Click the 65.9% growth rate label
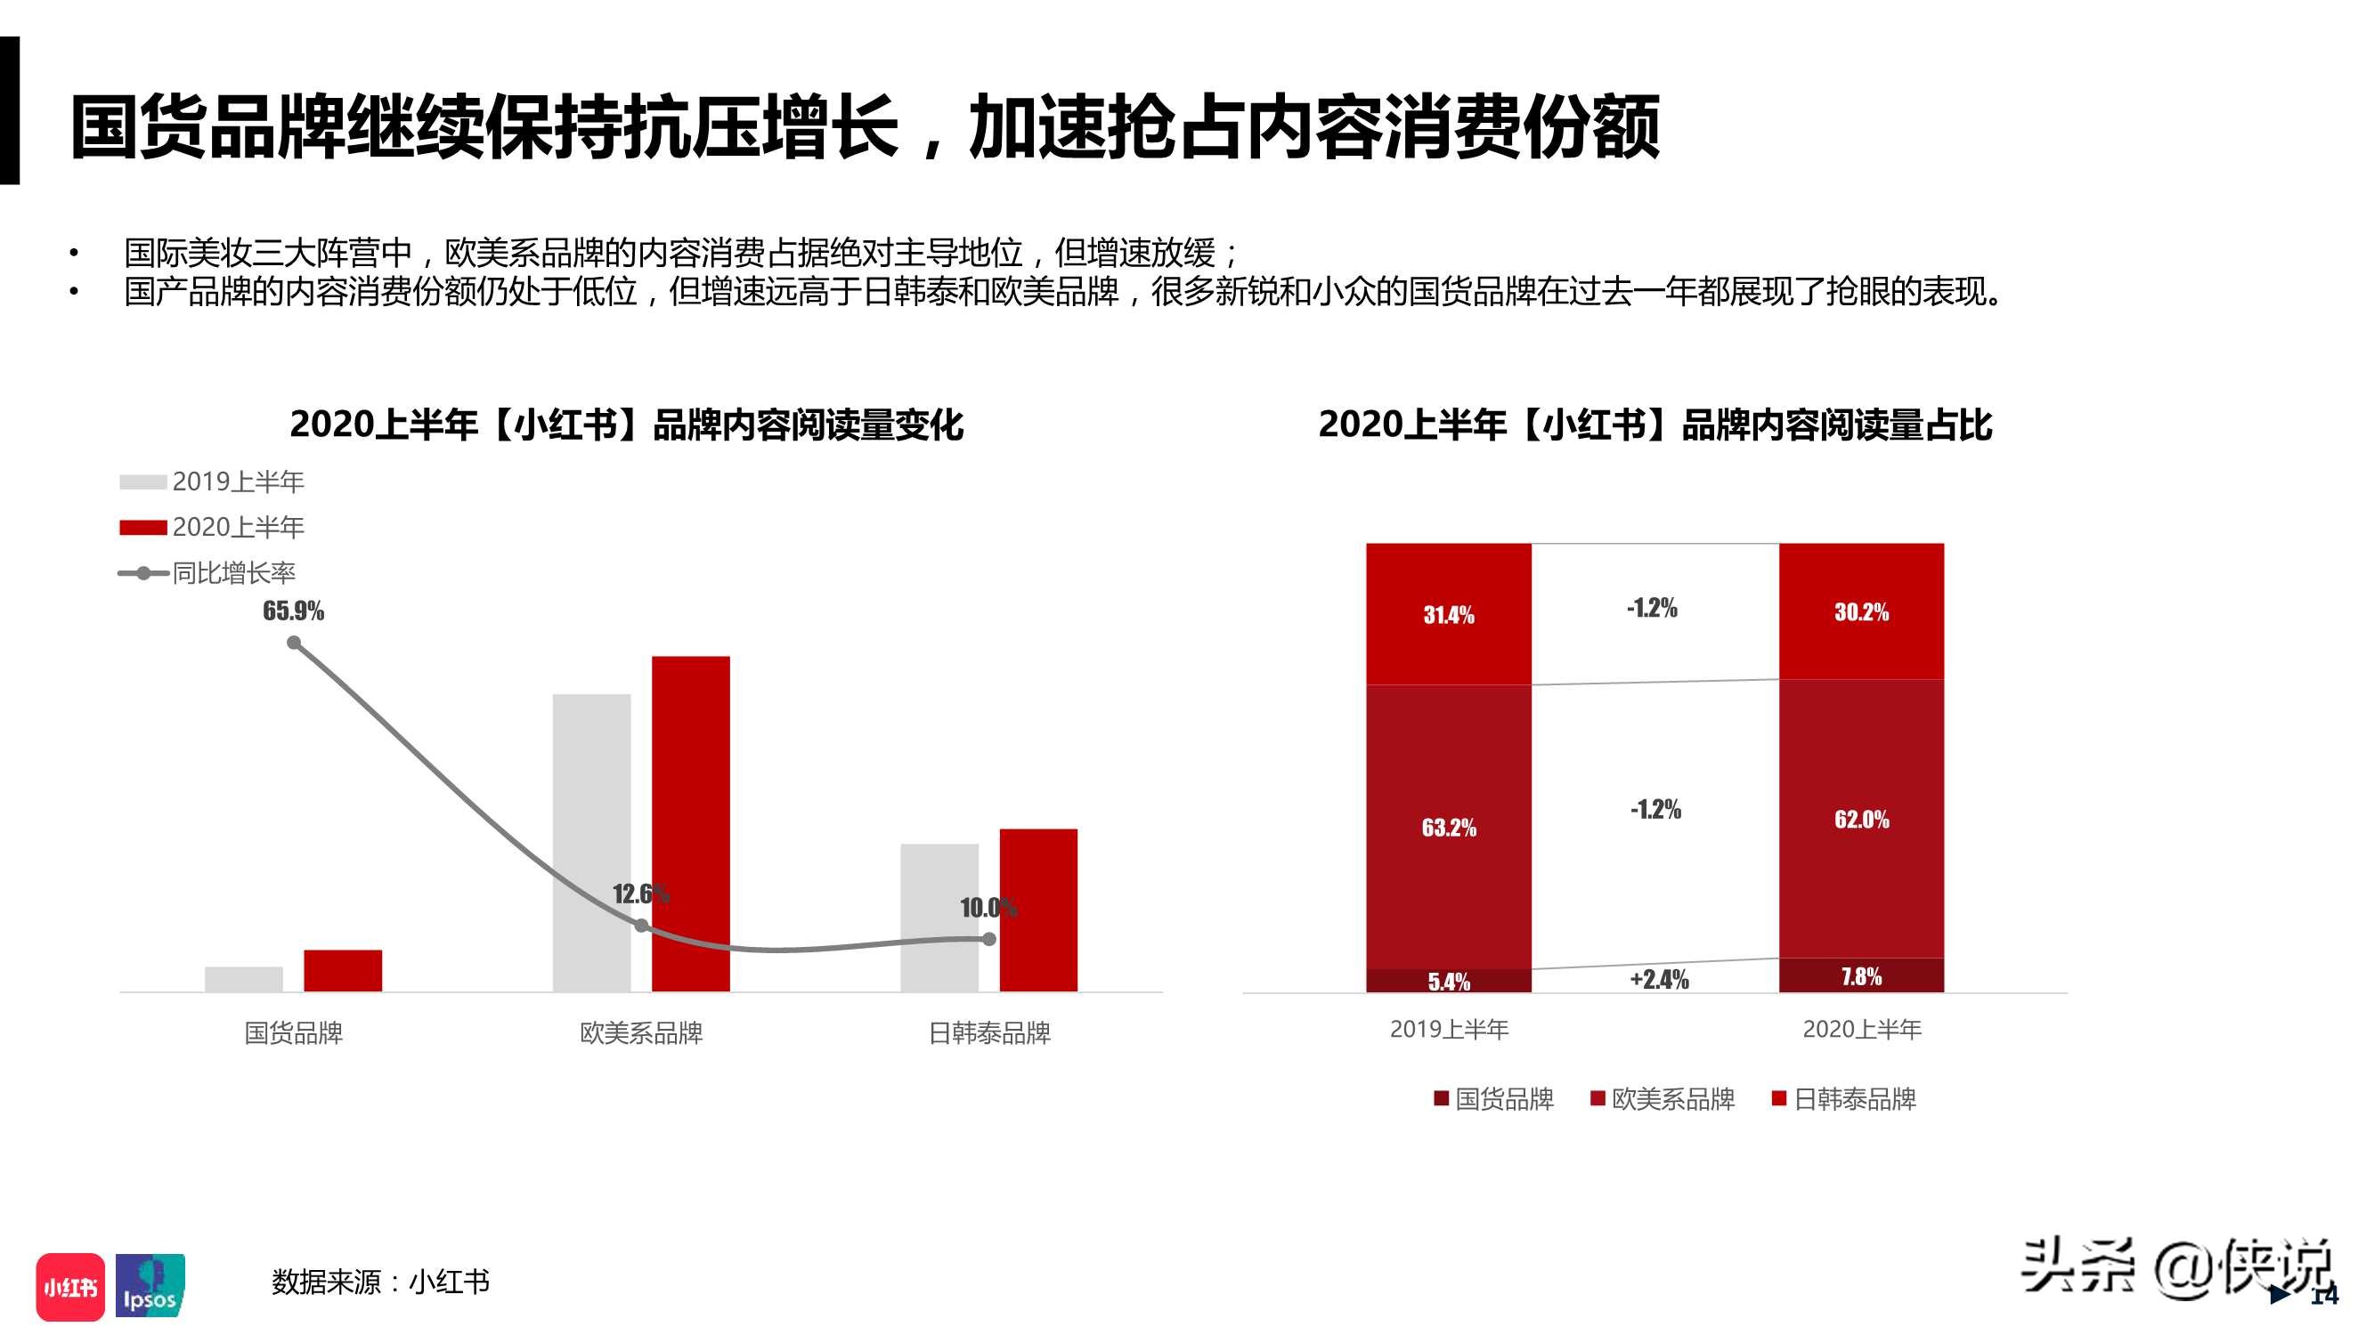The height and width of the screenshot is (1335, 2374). [293, 611]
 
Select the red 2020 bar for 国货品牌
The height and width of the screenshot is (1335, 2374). [343, 970]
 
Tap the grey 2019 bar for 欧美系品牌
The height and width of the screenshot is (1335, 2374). [591, 842]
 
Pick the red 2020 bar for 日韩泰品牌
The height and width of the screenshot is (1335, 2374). [1038, 910]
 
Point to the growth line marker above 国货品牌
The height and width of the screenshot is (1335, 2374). [294, 643]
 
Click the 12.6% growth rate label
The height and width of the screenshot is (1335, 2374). [640, 894]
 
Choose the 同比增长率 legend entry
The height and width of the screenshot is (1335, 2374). [208, 573]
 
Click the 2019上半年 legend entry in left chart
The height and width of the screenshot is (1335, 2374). [213, 481]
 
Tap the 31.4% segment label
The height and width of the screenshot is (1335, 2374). [1449, 614]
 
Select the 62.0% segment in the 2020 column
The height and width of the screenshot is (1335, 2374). [1861, 819]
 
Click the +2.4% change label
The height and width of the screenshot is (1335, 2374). [1659, 978]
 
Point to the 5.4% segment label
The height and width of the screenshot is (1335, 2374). [1449, 981]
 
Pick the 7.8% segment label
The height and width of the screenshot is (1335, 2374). [1861, 976]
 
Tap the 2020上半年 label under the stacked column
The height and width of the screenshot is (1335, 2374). [1862, 1029]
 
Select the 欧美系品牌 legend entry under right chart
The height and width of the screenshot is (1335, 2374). [1663, 1098]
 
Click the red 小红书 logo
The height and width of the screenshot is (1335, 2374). [70, 1286]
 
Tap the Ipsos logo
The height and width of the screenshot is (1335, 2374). [150, 1286]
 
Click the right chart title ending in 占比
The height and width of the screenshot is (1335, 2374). [1655, 425]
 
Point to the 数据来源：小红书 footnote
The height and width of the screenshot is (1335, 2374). [379, 1282]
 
